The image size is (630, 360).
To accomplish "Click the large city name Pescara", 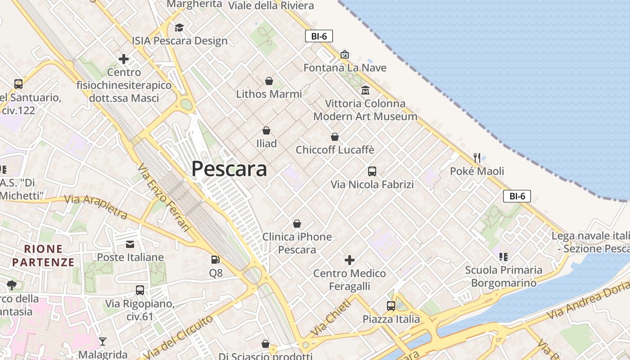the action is click(x=229, y=169).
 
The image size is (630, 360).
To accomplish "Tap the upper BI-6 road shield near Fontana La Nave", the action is click(x=319, y=36).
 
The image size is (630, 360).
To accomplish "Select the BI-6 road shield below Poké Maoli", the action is click(x=517, y=196).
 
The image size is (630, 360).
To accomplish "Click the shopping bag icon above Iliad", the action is click(x=266, y=130).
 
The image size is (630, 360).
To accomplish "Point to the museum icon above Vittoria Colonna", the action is click(x=365, y=90).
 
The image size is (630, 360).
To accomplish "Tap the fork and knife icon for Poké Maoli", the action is click(x=477, y=158).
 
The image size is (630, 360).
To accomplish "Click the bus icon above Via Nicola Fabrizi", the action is click(x=372, y=171).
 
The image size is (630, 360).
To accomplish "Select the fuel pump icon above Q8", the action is click(x=216, y=260).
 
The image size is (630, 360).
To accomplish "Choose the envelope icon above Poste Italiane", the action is click(x=130, y=244).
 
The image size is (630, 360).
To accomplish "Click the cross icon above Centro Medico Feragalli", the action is click(x=349, y=260).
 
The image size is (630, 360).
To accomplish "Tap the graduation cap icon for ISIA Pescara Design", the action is click(x=180, y=28).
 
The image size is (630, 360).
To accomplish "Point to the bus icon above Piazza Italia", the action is click(x=391, y=306).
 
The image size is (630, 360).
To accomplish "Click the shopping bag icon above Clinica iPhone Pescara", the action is click(x=297, y=224).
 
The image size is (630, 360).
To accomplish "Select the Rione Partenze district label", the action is click(x=43, y=256).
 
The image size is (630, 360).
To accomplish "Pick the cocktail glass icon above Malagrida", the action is click(x=103, y=342).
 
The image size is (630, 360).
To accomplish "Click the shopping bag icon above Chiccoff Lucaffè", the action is click(x=335, y=137).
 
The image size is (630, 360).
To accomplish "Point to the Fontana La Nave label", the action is click(x=345, y=68).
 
